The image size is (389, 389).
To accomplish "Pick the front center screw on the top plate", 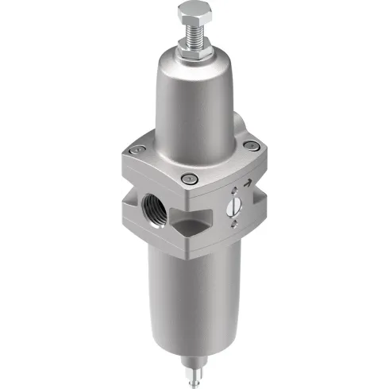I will [x=189, y=179].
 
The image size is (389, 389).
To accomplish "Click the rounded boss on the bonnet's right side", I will [x=238, y=127].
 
